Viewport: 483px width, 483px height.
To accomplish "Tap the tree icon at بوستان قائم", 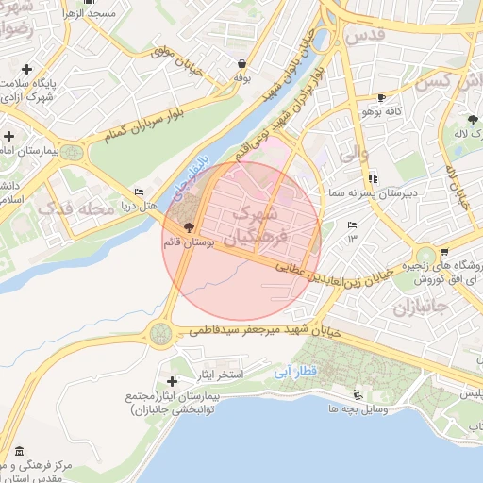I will coord(188,227).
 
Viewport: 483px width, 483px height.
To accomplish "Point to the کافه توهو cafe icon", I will coord(381,97).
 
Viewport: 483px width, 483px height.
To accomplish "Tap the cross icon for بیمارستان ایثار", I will coord(172,380).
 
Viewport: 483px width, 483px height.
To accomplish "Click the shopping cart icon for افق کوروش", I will coord(443,252).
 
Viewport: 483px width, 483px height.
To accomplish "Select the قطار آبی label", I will coord(294,373).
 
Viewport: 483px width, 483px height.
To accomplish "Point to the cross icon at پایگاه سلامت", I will coord(26,69).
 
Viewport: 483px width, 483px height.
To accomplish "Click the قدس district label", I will coord(370,35).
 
